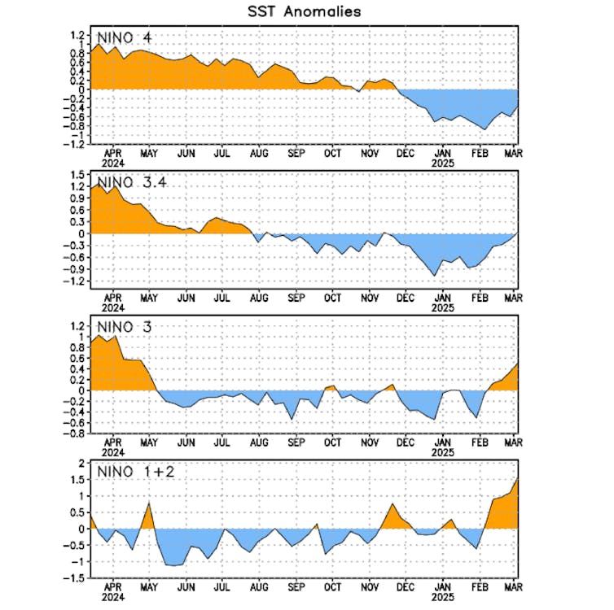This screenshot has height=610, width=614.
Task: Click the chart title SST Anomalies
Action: [x=304, y=12]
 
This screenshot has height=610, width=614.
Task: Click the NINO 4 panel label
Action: [x=124, y=37]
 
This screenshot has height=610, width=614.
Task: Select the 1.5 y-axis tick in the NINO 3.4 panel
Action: [x=78, y=174]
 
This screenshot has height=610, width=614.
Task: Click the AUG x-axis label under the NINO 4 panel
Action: [x=258, y=153]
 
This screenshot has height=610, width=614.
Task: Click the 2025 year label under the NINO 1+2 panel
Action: [x=443, y=596]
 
